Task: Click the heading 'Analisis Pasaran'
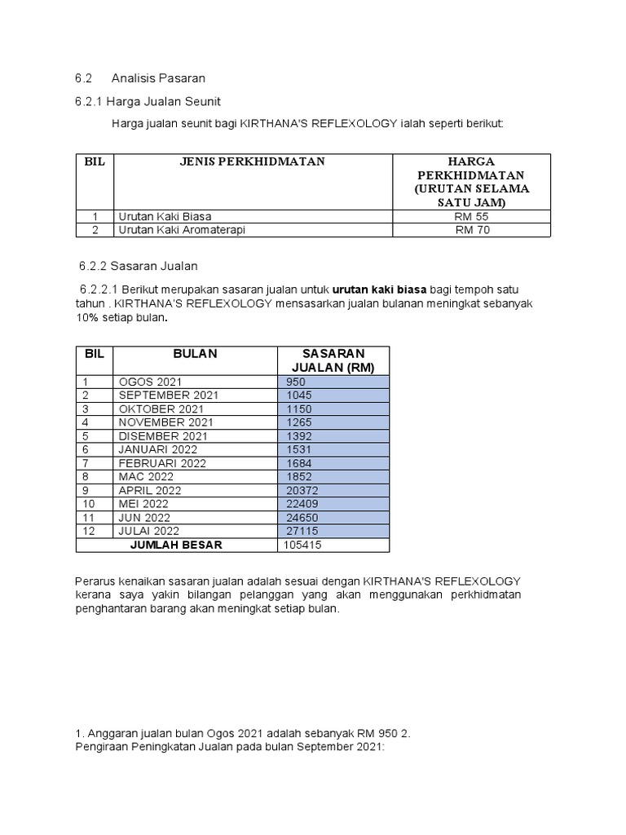pyautogui.click(x=158, y=78)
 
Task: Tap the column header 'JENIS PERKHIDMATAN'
pyautogui.click(x=253, y=161)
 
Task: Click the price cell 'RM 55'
pyautogui.click(x=472, y=217)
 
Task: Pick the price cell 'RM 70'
pyautogui.click(x=472, y=230)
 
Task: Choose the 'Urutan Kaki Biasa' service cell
pyautogui.click(x=165, y=217)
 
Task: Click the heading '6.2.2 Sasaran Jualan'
pyautogui.click(x=139, y=266)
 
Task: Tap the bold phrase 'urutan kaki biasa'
pyautogui.click(x=380, y=289)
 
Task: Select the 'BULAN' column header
pyautogui.click(x=195, y=353)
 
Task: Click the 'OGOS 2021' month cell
pyautogui.click(x=151, y=382)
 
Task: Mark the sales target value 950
pyautogui.click(x=295, y=382)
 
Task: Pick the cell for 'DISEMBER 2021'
pyautogui.click(x=163, y=436)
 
